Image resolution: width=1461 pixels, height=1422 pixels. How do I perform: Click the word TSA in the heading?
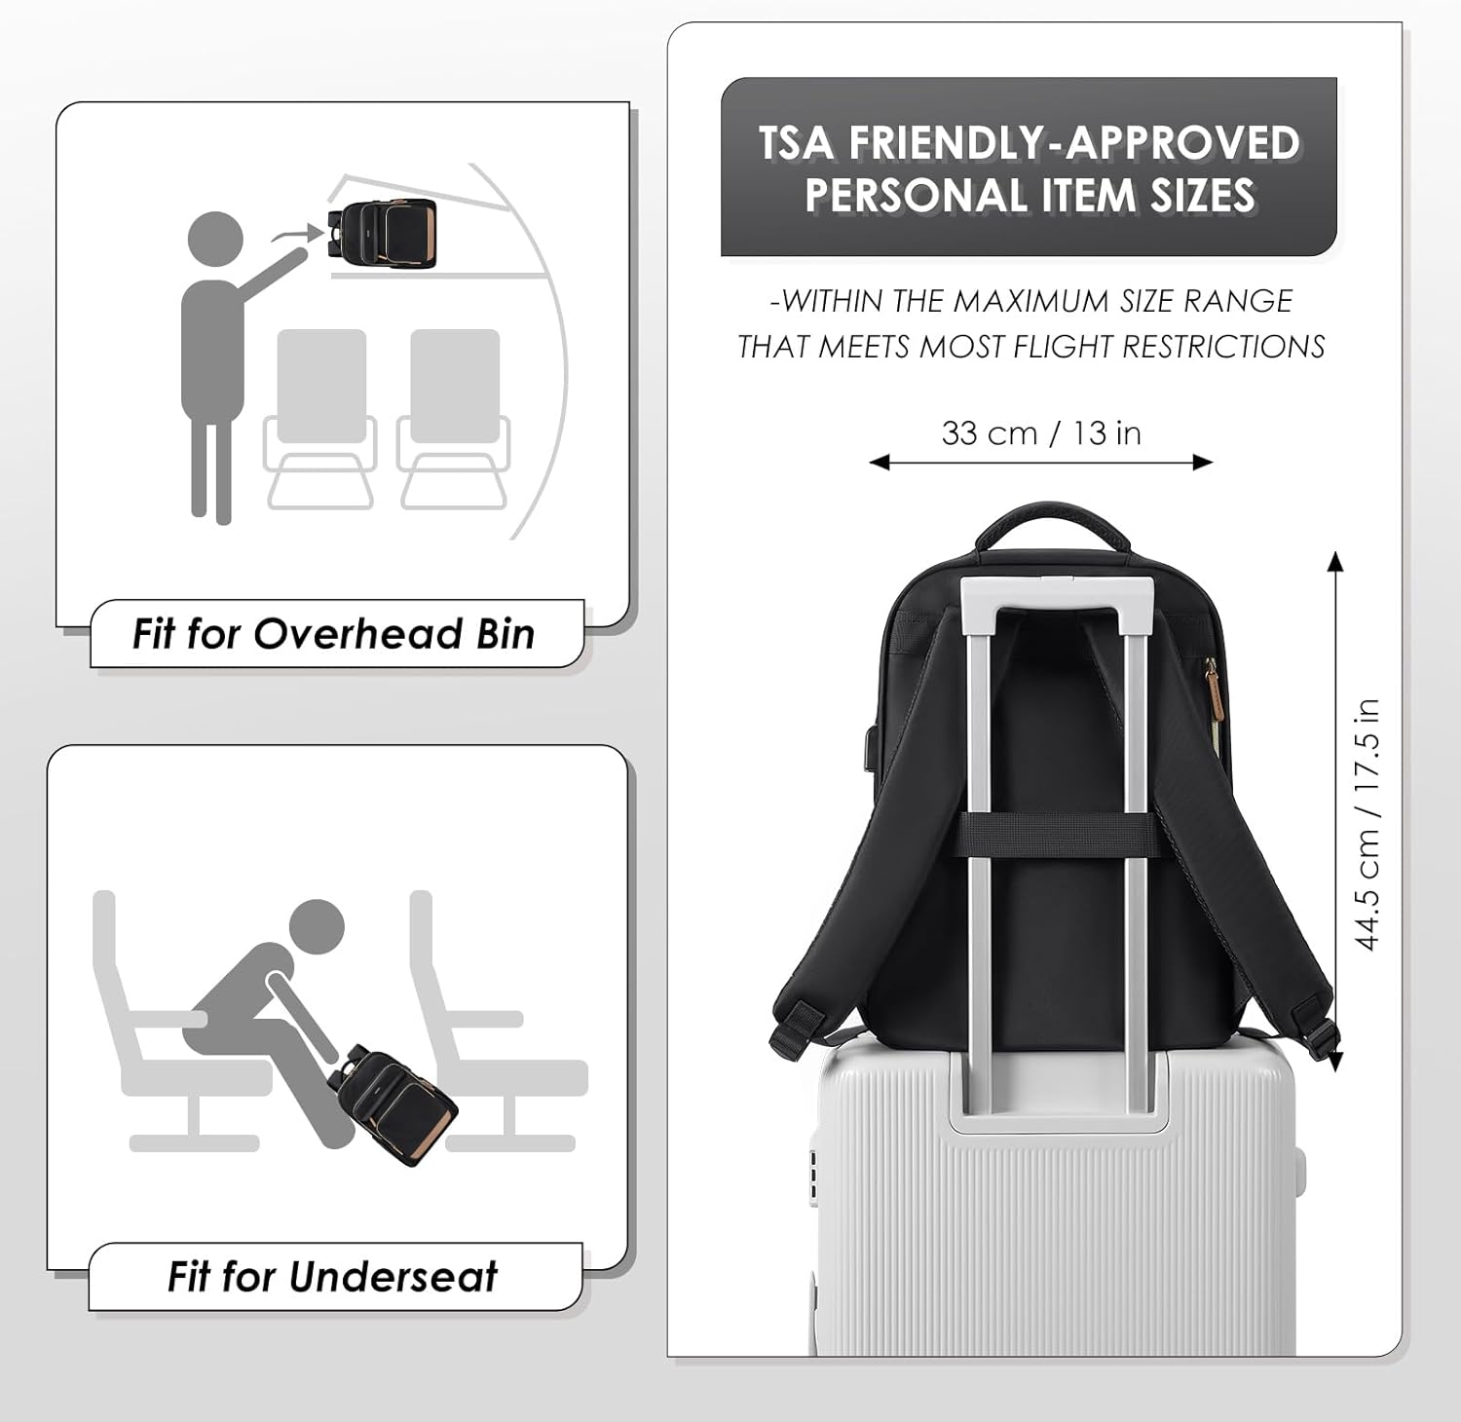click(797, 143)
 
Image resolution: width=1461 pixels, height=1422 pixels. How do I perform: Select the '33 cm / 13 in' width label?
click(1041, 432)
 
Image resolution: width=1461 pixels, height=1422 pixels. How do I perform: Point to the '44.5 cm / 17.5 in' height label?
click(1367, 824)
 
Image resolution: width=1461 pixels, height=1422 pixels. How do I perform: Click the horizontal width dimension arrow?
click(1041, 462)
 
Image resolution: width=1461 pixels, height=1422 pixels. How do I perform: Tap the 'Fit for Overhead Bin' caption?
click(333, 634)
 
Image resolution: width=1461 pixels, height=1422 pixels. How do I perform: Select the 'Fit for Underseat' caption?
click(332, 1276)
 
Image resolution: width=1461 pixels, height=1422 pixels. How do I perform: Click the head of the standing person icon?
click(214, 240)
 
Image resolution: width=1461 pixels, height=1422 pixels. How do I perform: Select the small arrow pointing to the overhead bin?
click(296, 234)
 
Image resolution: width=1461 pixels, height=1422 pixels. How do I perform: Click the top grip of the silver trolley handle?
click(1058, 590)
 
